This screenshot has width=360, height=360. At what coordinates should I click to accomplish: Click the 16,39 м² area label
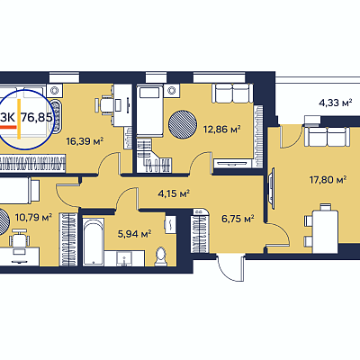[85, 140]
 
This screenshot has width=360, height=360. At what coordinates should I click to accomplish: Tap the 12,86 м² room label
[222, 130]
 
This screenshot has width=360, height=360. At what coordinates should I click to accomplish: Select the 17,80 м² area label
[328, 180]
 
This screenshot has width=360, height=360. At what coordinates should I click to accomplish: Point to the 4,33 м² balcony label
[335, 103]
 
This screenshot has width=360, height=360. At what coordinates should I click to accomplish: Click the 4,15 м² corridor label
[174, 193]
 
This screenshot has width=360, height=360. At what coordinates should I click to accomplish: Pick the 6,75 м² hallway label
[238, 219]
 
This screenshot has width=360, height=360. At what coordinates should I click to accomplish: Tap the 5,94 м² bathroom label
[134, 234]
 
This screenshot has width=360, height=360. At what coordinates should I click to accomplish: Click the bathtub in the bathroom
[94, 242]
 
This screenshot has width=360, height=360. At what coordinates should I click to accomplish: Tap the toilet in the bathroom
[161, 256]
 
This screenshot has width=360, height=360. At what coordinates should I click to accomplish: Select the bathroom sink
[124, 258]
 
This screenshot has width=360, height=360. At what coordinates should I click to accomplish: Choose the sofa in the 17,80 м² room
[328, 137]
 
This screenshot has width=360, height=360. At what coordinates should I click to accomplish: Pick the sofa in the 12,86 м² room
[231, 94]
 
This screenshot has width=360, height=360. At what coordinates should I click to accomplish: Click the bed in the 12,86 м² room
[149, 110]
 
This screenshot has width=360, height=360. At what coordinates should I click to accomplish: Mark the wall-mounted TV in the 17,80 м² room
[272, 188]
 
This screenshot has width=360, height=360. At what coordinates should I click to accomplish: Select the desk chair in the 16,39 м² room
[105, 105]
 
